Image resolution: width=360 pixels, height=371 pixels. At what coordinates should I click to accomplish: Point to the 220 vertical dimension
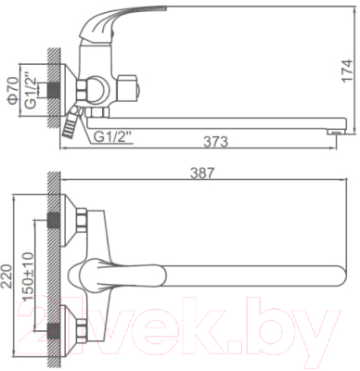(x=10, y=276)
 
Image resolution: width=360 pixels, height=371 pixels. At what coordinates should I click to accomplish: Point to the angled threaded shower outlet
(x=71, y=123)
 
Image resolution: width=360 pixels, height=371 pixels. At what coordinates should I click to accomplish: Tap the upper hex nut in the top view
(x=83, y=223)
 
